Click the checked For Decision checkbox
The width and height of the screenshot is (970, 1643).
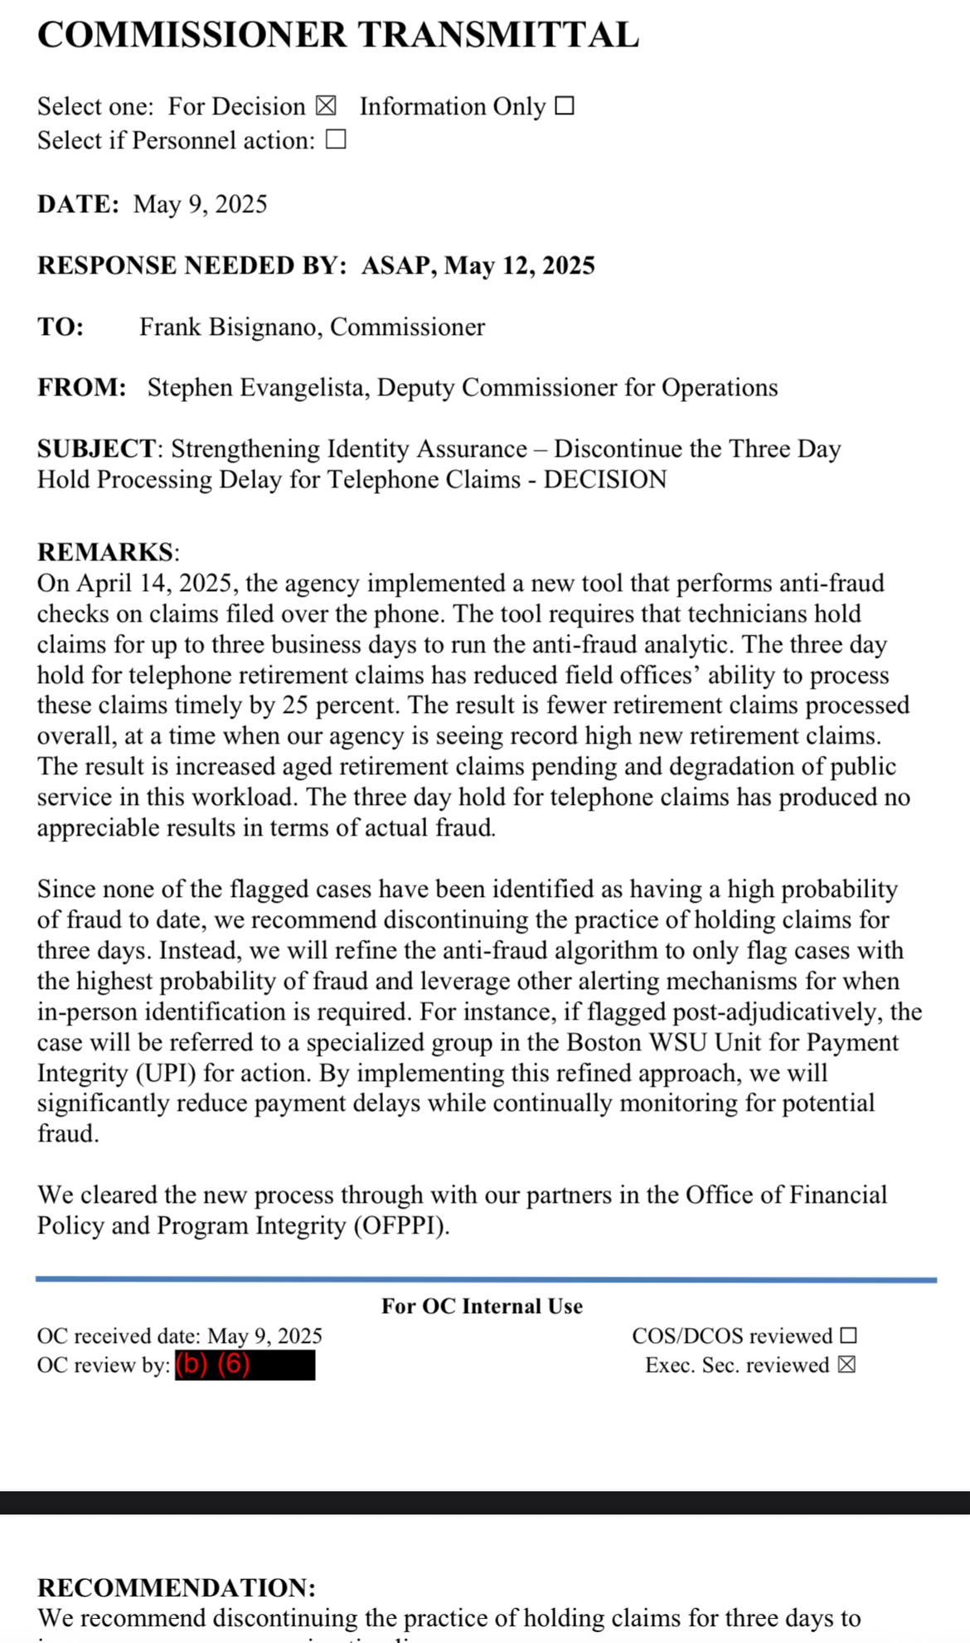tap(326, 106)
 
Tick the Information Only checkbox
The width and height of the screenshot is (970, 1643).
tap(565, 106)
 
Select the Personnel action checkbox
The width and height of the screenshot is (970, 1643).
tap(336, 140)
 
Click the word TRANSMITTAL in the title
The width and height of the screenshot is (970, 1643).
tap(498, 35)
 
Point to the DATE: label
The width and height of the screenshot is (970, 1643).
tap(78, 204)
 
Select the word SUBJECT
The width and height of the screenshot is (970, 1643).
tap(96, 448)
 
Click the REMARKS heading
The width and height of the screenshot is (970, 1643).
tap(106, 552)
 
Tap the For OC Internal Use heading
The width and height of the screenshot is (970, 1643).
tap(482, 1306)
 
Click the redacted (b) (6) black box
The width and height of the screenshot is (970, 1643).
tap(245, 1364)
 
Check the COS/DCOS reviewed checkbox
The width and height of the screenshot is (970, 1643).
tap(847, 1335)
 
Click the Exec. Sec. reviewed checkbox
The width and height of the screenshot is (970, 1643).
tap(846, 1364)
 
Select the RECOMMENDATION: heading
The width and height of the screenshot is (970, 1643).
tap(177, 1587)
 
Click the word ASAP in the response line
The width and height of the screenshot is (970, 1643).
tap(396, 265)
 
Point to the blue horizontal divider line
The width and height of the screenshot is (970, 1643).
tap(486, 1280)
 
